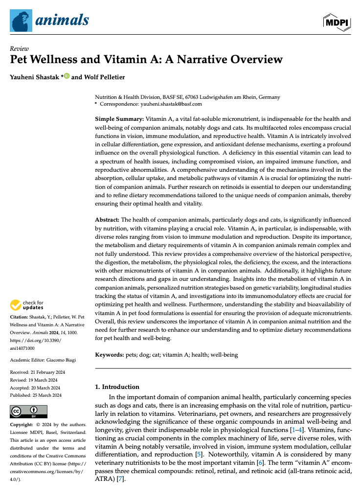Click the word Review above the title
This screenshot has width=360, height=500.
click(19, 48)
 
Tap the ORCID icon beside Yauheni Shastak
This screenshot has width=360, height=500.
click(67, 76)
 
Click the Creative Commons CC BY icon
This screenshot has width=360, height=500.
click(28, 411)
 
